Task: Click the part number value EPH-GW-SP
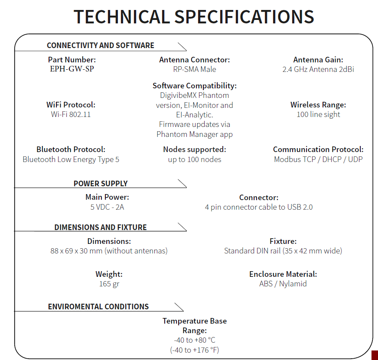(72, 69)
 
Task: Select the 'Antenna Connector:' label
(195, 60)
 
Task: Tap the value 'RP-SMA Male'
(195, 69)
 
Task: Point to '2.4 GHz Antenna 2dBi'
(318, 69)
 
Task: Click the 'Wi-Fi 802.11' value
(71, 114)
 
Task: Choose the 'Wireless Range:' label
(318, 105)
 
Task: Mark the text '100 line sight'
(318, 114)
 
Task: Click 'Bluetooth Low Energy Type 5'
(71, 159)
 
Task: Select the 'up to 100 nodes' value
(195, 159)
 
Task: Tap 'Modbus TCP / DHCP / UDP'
(318, 159)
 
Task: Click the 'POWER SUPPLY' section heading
(101, 183)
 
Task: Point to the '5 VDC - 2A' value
(107, 207)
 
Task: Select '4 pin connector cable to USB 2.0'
(259, 207)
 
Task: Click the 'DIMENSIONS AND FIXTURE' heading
(101, 227)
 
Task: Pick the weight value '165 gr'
(109, 284)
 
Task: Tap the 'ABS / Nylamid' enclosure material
(283, 284)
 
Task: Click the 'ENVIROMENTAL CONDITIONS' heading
(98, 307)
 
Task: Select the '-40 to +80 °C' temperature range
(195, 341)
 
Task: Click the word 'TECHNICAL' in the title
(121, 16)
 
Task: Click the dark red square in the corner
(375, 354)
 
